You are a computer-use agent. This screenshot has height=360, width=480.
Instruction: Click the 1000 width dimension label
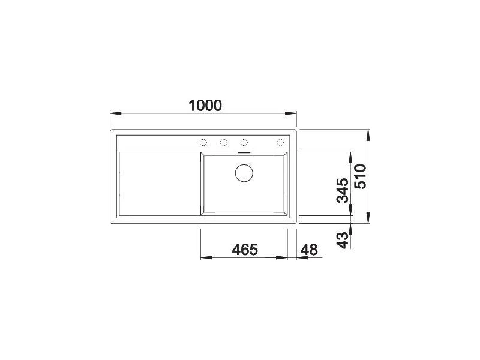coord(205,106)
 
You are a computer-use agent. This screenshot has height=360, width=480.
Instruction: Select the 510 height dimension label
coord(360,176)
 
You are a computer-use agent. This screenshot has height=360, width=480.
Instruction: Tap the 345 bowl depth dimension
coord(343,190)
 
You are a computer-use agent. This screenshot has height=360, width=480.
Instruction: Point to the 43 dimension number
coord(343,240)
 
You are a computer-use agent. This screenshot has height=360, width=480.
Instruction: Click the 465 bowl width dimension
coord(245,250)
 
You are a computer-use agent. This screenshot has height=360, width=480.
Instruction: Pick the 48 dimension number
coord(309,250)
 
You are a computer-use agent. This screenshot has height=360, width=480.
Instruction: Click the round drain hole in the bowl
coord(244,173)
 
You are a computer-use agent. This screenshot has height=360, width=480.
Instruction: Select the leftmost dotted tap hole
coord(203,142)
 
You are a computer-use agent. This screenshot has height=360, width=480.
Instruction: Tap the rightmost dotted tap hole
coord(280,142)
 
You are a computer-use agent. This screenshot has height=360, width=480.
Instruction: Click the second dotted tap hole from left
coord(223,142)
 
